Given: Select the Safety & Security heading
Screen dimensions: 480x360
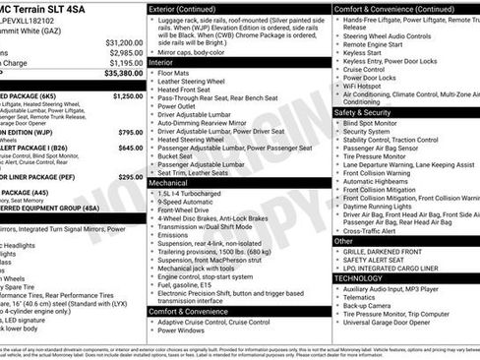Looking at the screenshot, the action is click(363, 112).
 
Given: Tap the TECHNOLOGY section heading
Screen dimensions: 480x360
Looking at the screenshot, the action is click(358, 278).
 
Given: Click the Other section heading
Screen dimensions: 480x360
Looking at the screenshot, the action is click(344, 241).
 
